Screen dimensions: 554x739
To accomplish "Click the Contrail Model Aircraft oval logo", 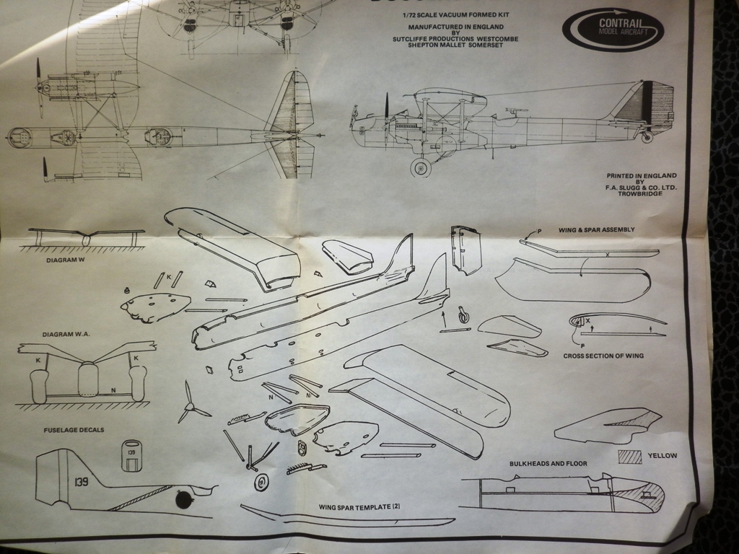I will pyautogui.click(x=613, y=29).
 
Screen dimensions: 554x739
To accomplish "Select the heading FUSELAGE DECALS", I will pyautogui.click(x=73, y=430).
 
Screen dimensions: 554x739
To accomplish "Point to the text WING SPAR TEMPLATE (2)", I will pyautogui.click(x=359, y=507).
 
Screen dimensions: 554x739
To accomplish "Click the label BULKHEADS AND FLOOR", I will pyautogui.click(x=548, y=464).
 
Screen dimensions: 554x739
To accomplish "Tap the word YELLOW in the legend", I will pyautogui.click(x=662, y=455).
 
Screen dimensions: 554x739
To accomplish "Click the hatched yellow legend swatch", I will pyautogui.click(x=630, y=456).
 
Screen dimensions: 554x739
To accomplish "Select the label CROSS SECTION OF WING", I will pyautogui.click(x=603, y=356).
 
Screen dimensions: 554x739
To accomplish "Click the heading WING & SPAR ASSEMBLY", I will pyautogui.click(x=596, y=230).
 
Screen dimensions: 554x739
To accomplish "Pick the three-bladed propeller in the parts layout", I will pyautogui.click(x=191, y=406).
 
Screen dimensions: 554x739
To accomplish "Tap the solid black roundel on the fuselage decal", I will pyautogui.click(x=185, y=498).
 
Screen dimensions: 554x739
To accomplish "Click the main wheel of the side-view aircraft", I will pyautogui.click(x=420, y=167).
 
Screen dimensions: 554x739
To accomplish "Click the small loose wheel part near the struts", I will pyautogui.click(x=261, y=482).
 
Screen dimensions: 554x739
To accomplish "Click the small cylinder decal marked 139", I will pyautogui.click(x=131, y=455).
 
